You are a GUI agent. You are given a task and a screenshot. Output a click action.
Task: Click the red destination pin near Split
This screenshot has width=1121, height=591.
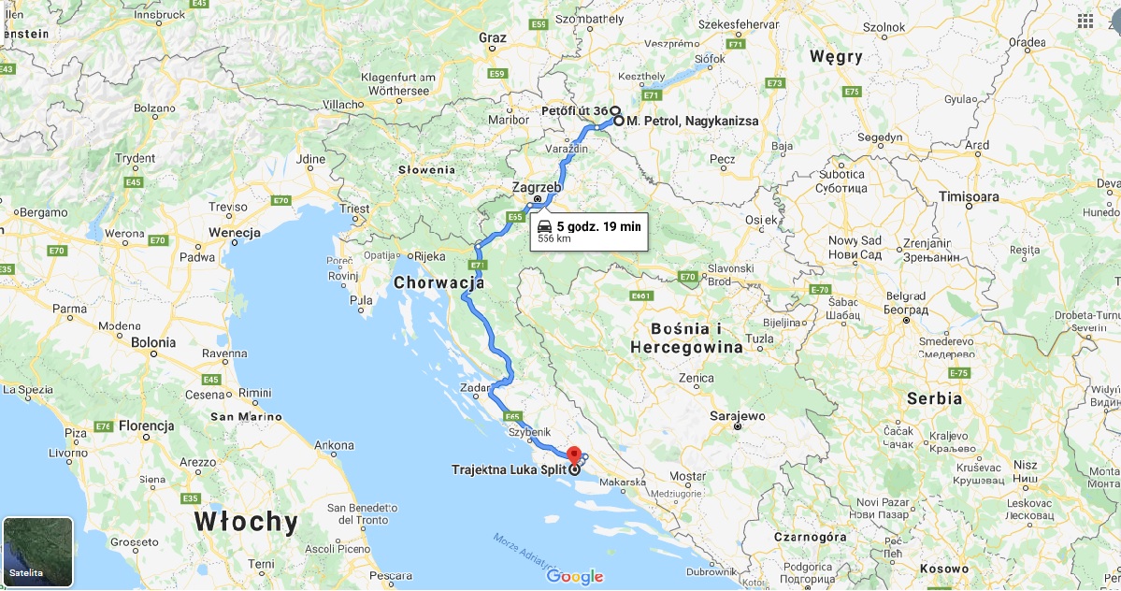[574, 454]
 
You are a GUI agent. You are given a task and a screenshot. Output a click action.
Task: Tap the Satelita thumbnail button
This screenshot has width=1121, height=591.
[37, 552]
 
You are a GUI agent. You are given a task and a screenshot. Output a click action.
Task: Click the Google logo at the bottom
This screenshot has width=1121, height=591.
[575, 576]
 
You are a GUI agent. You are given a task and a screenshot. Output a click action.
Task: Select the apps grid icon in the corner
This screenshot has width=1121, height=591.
[1085, 21]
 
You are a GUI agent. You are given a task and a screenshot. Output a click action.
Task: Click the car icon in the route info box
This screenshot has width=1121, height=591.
[544, 226]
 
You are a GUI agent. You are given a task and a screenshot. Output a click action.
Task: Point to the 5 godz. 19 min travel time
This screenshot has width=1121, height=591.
[598, 226]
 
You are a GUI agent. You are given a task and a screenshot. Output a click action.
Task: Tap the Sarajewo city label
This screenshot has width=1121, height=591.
[737, 415]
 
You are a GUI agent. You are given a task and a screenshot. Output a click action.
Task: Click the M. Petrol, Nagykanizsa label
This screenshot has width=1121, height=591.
[692, 122]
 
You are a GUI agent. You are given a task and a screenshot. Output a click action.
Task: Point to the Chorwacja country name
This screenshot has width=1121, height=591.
[438, 281]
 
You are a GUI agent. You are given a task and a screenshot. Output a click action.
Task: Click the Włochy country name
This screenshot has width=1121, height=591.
[246, 521]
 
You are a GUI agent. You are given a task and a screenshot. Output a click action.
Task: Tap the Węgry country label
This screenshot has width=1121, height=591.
[836, 57]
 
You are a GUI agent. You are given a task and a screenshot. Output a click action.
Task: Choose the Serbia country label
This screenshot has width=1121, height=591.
[933, 398]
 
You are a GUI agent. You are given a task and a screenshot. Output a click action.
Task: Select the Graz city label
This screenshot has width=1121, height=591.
[492, 37]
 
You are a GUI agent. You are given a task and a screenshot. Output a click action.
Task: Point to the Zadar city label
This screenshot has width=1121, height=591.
[476, 387]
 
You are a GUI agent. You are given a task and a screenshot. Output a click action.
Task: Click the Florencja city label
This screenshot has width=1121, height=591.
[147, 426]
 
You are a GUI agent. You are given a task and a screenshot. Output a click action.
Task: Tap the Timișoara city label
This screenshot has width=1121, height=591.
[970, 197]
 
